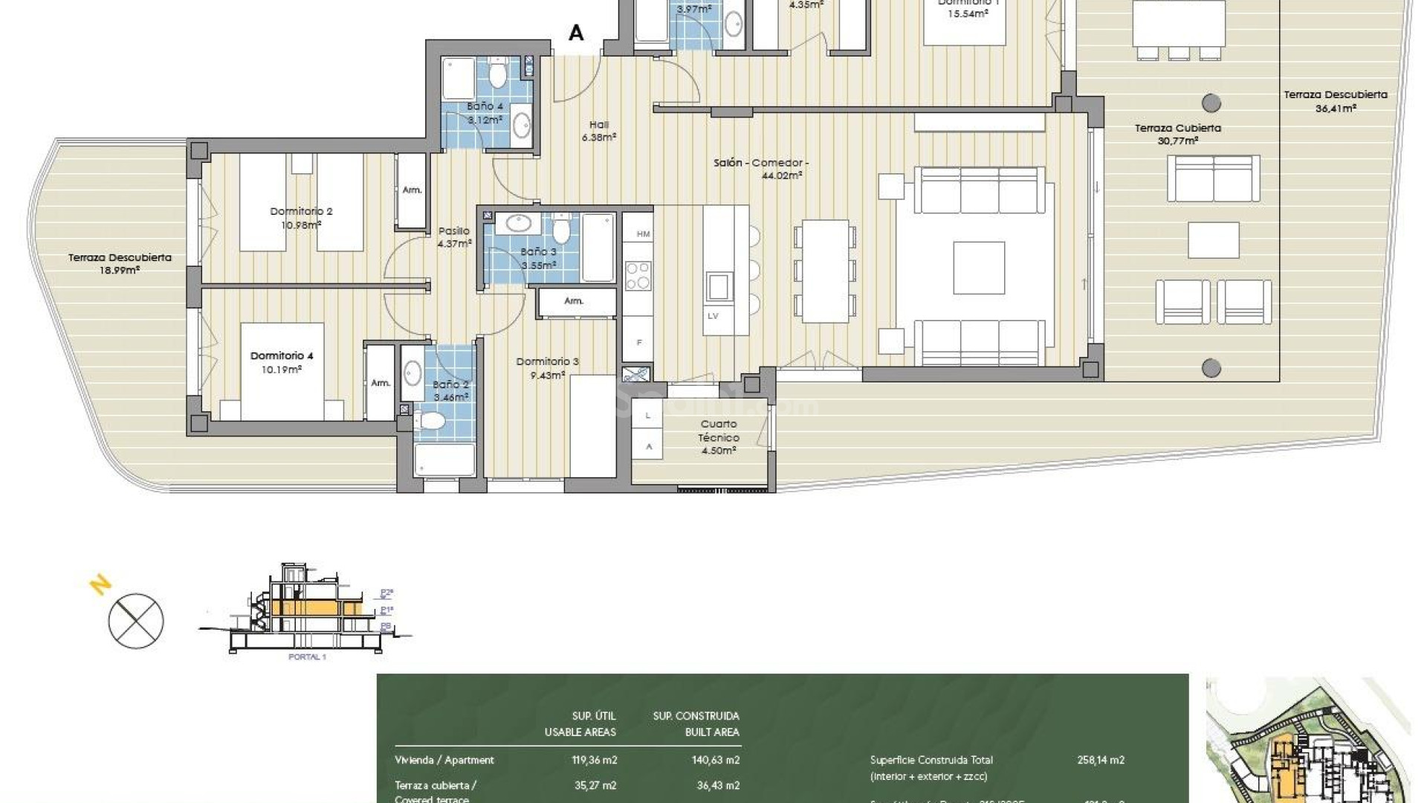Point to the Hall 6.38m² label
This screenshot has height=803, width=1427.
click(x=599, y=131)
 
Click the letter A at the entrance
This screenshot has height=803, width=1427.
click(x=576, y=33)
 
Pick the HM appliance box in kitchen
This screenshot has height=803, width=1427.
click(x=643, y=233)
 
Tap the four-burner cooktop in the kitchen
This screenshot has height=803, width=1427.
click(x=638, y=275)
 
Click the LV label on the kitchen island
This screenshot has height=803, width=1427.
click(x=713, y=316)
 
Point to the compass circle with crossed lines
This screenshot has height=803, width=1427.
click(x=136, y=621)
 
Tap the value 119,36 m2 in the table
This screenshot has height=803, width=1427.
click(x=589, y=760)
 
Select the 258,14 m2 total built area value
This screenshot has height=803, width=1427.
click(x=1101, y=760)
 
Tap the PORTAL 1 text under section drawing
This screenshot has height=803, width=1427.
click(x=307, y=657)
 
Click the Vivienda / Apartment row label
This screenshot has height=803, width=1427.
click(x=444, y=760)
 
